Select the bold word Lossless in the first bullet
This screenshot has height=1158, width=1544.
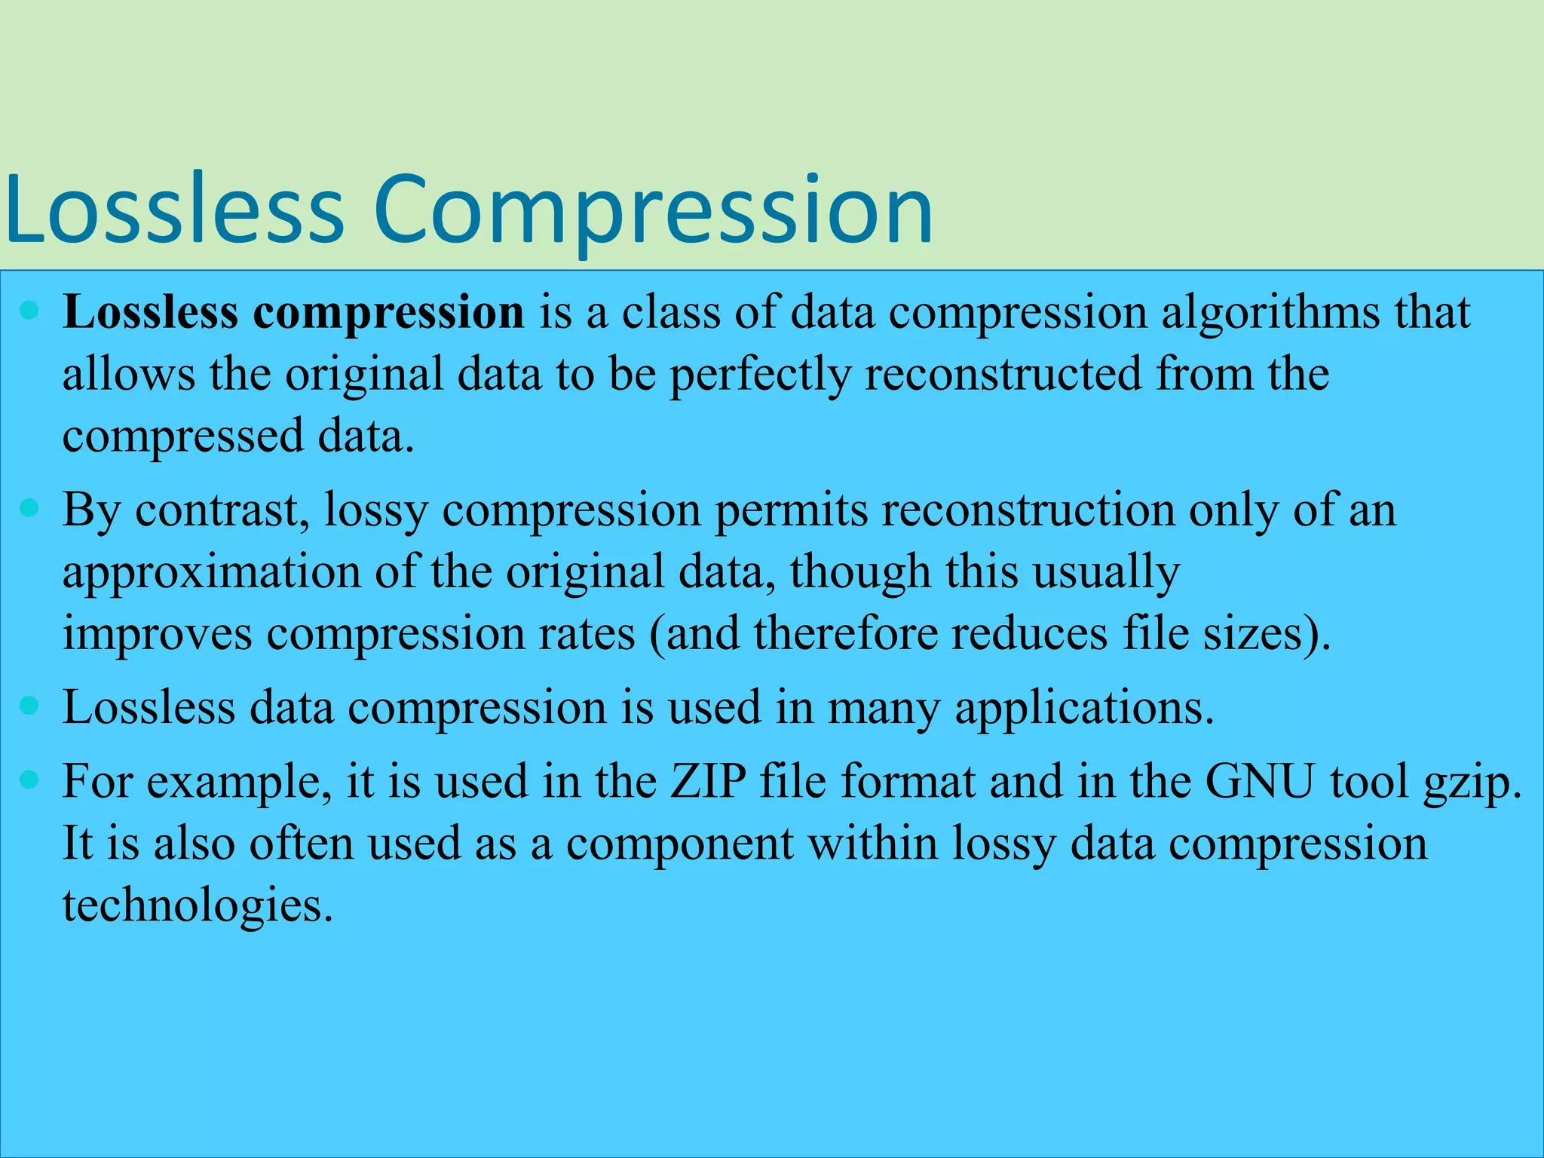coord(150,312)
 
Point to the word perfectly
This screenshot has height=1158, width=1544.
coord(760,375)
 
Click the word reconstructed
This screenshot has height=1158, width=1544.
coord(1003,374)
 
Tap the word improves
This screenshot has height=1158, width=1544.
coord(157,633)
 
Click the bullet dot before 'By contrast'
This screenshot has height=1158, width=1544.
coord(29,508)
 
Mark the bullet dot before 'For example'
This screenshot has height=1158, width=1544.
coord(29,780)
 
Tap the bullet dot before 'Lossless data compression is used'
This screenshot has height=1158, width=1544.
coord(29,706)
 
